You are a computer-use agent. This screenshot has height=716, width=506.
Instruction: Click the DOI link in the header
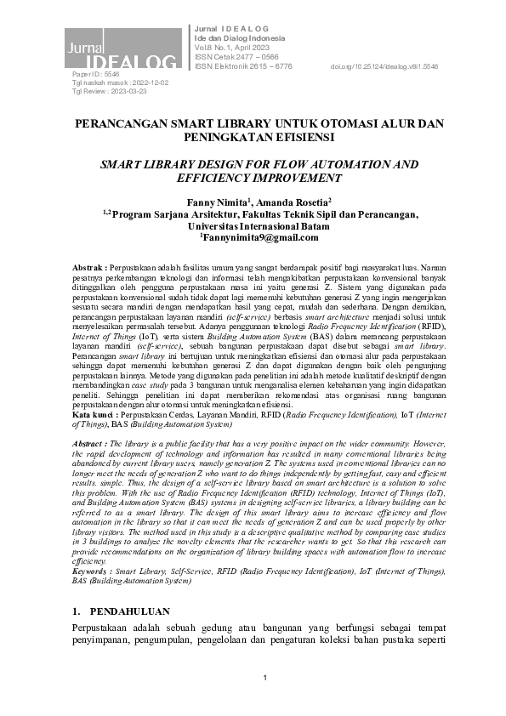[384, 65]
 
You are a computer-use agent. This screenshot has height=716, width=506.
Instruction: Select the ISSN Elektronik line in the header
[243, 65]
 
